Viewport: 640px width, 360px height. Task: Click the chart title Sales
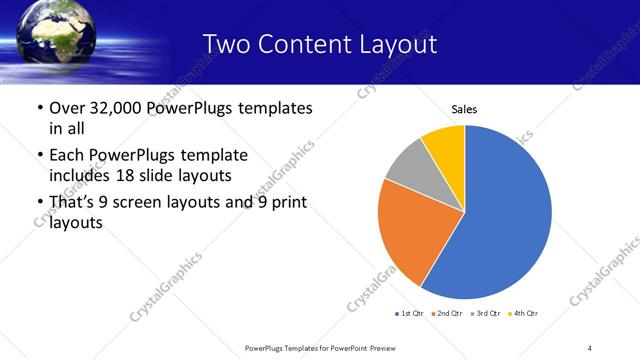(464, 108)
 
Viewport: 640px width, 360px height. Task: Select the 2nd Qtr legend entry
(446, 314)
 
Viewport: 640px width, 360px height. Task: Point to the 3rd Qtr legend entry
(484, 314)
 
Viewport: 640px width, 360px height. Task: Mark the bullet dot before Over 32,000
(39, 108)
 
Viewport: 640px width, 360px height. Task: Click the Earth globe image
(55, 35)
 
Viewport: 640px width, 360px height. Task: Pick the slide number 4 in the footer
(589, 347)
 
